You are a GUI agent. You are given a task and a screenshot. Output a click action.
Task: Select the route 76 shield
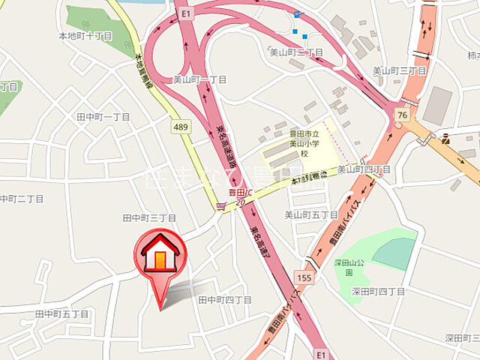coord(403,115)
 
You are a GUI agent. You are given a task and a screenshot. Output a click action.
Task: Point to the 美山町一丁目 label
coord(199,79)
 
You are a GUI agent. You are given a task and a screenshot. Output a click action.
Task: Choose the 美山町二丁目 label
coord(296,53)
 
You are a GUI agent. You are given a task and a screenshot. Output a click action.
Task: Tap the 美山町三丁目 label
coord(400,70)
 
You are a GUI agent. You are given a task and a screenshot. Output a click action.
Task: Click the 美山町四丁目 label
coord(364,170)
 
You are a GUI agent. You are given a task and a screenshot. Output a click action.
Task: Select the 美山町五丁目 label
coord(311,214)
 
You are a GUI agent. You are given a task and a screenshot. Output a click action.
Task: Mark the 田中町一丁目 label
coord(103,117)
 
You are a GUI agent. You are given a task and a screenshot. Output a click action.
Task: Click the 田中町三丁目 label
coord(149,217)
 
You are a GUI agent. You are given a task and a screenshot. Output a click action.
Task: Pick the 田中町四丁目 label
coord(224,299)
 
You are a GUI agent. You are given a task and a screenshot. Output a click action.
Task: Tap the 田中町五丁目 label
coord(62,313)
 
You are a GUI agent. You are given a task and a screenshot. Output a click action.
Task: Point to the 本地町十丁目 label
coord(85,35)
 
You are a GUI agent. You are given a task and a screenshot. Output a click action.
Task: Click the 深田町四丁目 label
coord(378,291)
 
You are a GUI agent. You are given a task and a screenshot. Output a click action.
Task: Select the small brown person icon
coord(445,138)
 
